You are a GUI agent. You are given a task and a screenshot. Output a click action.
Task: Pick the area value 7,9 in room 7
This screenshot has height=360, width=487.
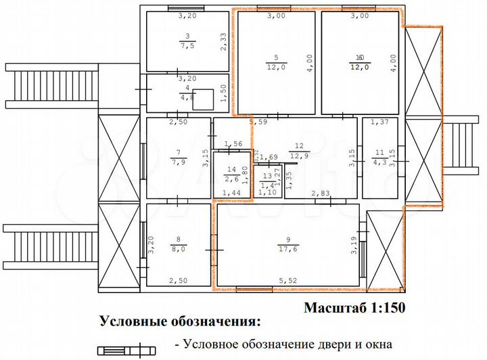tap(179, 162)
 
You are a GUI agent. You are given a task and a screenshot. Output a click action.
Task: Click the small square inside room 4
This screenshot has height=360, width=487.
tap(203, 99)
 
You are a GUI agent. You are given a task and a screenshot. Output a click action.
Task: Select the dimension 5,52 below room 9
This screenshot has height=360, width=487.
tap(289, 279)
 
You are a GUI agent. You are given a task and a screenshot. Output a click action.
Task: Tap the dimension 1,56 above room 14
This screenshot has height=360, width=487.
tap(233, 144)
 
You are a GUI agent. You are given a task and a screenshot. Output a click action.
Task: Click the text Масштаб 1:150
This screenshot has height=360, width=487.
tap(354, 309)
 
